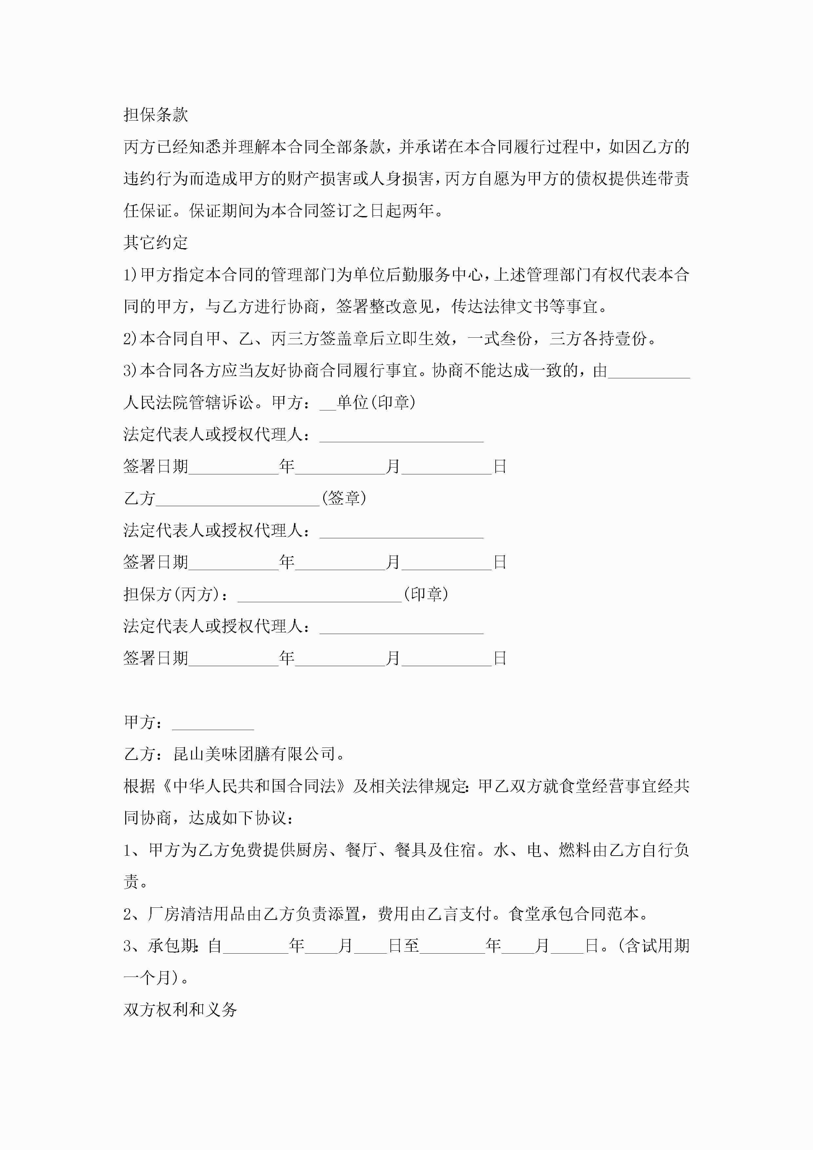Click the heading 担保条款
[x=156, y=115]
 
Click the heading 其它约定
[x=156, y=242]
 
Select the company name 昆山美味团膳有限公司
[x=254, y=754]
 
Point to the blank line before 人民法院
[x=649, y=371]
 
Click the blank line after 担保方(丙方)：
[x=320, y=595]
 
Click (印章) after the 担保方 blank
[x=426, y=594]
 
